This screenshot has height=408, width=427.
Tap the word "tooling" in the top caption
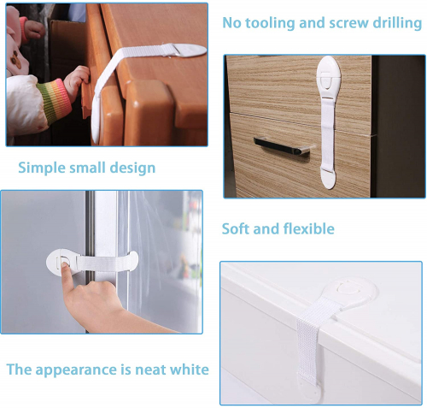(x=270, y=23)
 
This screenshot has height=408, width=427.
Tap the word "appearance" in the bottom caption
(x=76, y=370)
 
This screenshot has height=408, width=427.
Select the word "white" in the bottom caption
(x=190, y=370)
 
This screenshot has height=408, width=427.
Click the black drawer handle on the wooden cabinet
(x=282, y=145)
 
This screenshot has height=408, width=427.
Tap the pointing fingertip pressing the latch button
(x=65, y=265)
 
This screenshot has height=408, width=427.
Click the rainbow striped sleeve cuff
(x=54, y=101)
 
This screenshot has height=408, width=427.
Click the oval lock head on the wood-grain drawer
(x=328, y=77)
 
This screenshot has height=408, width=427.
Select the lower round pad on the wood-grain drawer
(x=328, y=179)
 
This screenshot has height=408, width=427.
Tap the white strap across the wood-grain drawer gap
(x=328, y=133)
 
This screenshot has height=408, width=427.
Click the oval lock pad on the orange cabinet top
(x=189, y=50)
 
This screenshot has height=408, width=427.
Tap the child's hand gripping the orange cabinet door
(x=76, y=79)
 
